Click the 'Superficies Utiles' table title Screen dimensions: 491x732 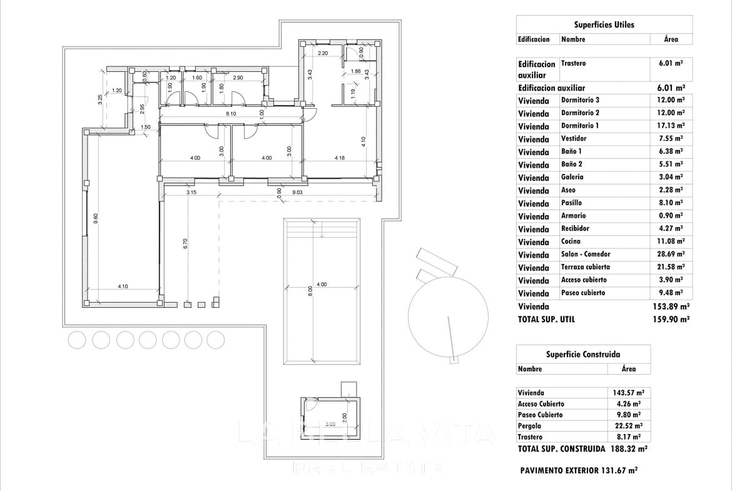(x=604, y=25)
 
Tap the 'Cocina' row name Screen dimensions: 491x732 (x=571, y=241)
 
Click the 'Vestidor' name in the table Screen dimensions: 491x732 (x=574, y=139)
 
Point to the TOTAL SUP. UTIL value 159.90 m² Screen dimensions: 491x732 (x=671, y=319)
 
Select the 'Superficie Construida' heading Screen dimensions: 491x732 (x=582, y=354)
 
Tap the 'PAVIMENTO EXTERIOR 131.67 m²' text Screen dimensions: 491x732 (x=578, y=470)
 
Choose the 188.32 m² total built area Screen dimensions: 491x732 (x=629, y=449)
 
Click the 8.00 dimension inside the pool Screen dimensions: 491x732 (x=310, y=291)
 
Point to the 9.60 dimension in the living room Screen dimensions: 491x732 (x=95, y=219)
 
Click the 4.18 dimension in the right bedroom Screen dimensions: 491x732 (x=340, y=158)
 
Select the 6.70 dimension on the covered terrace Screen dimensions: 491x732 (x=185, y=244)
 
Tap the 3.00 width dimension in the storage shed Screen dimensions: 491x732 (x=330, y=424)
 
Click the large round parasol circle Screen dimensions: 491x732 (x=447, y=315)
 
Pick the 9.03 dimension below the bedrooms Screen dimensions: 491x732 (x=298, y=193)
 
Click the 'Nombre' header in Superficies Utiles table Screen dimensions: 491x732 (x=573, y=39)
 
